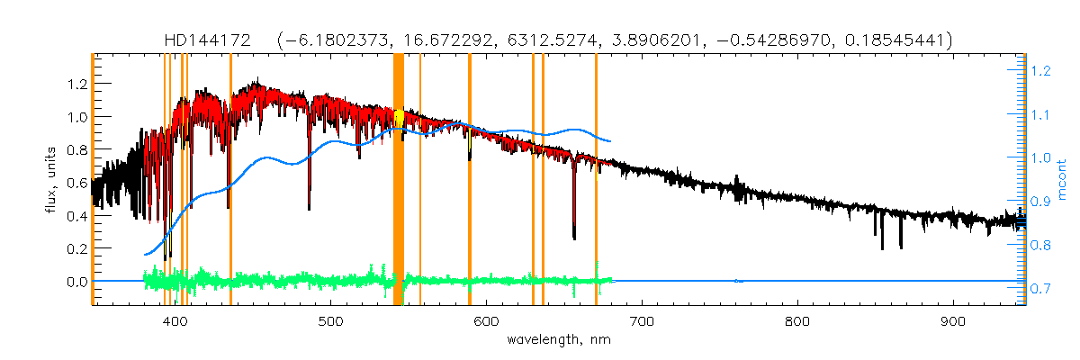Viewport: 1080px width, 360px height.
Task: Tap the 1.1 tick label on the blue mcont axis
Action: click(1040, 114)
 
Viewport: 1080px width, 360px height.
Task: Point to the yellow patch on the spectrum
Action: click(399, 118)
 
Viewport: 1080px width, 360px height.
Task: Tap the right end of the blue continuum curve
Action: click(611, 141)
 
